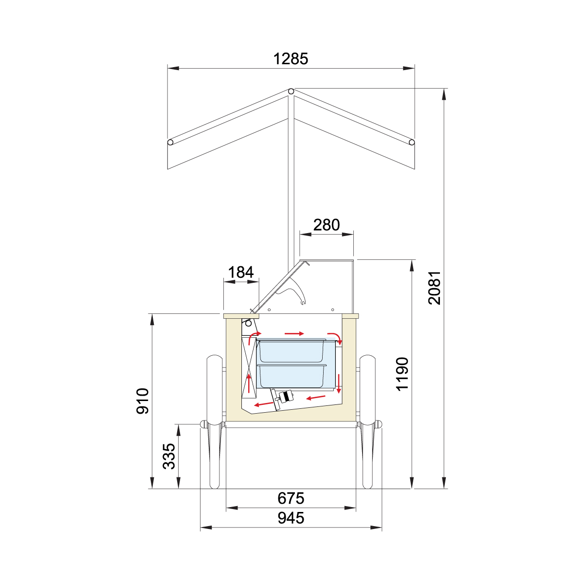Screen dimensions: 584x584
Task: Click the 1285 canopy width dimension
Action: click(x=291, y=59)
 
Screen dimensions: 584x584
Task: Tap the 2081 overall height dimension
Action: click(x=434, y=288)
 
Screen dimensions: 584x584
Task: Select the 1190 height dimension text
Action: click(x=402, y=374)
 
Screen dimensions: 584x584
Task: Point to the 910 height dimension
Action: click(x=142, y=401)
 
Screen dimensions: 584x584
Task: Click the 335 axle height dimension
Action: click(x=169, y=456)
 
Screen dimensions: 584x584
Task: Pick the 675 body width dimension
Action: click(x=291, y=498)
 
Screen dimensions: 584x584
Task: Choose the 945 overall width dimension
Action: click(x=291, y=518)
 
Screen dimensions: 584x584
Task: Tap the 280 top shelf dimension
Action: click(x=327, y=225)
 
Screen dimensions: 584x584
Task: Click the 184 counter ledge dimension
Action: click(x=240, y=272)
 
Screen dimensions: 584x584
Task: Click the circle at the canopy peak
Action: click(x=291, y=91)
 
